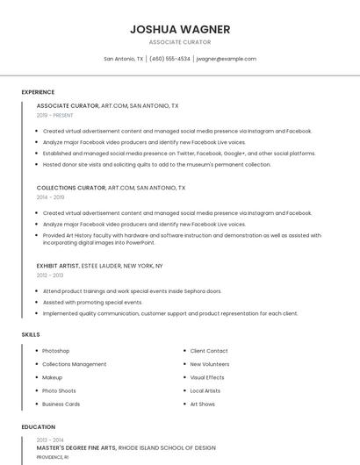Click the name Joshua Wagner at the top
(180, 29)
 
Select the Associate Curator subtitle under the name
(180, 42)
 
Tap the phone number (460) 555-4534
(169, 59)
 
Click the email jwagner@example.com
(226, 59)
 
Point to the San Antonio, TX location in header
(123, 59)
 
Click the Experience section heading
(38, 92)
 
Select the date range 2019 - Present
(54, 115)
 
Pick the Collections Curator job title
(70, 188)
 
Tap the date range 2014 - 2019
(51, 197)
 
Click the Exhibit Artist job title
(58, 266)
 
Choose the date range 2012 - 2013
(51, 275)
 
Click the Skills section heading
(31, 334)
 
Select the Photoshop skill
(55, 351)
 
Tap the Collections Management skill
(74, 364)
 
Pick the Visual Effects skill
(207, 377)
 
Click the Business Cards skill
(61, 404)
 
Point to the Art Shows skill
(202, 404)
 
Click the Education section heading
(38, 427)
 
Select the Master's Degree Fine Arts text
(76, 448)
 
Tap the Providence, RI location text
(52, 457)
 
